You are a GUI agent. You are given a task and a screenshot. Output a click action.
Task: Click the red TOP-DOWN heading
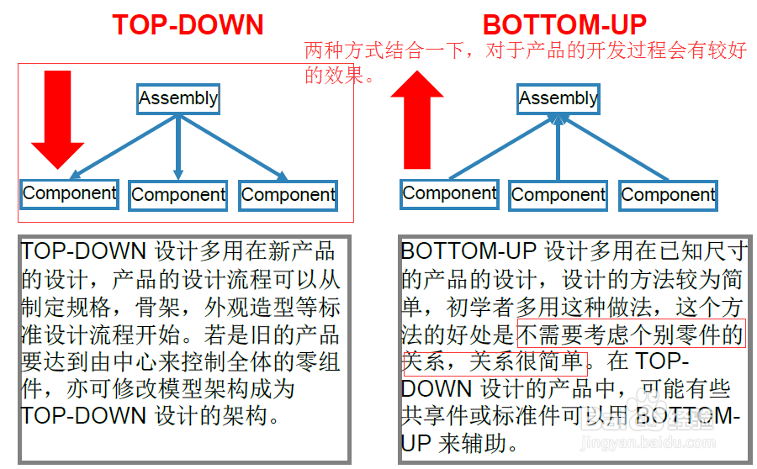point(188,25)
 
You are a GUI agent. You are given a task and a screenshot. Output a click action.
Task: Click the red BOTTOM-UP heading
point(564,25)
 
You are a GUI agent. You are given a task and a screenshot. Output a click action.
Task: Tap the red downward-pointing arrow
point(57,119)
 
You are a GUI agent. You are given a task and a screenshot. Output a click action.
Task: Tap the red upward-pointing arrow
point(417,119)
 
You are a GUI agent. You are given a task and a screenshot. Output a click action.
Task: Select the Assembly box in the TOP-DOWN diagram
point(178,99)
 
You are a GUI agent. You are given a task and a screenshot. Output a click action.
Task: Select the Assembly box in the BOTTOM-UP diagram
point(558,99)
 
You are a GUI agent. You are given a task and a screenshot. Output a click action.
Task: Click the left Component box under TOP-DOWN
point(70,194)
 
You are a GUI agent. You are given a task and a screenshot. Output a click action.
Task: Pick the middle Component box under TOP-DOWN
point(178,195)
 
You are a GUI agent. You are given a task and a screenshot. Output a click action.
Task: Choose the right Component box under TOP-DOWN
point(289,195)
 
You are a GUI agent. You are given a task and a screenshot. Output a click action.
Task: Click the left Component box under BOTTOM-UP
point(449,194)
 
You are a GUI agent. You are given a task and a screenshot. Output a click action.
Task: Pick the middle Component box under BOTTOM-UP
point(558,195)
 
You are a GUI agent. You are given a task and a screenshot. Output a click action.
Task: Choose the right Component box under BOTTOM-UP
point(668,195)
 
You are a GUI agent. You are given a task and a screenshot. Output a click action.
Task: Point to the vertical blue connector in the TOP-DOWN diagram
point(178,147)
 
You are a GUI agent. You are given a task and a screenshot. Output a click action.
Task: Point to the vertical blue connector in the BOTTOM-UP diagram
point(558,147)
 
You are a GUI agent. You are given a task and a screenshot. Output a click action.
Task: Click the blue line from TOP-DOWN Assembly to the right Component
point(233,148)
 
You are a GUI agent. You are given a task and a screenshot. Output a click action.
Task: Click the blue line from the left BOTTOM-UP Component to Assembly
point(502,147)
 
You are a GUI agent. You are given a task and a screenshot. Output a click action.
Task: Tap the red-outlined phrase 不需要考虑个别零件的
point(632,334)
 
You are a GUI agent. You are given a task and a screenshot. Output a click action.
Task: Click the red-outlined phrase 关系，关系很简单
point(495,363)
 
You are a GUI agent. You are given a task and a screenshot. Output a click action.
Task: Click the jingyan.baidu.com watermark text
point(648,442)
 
